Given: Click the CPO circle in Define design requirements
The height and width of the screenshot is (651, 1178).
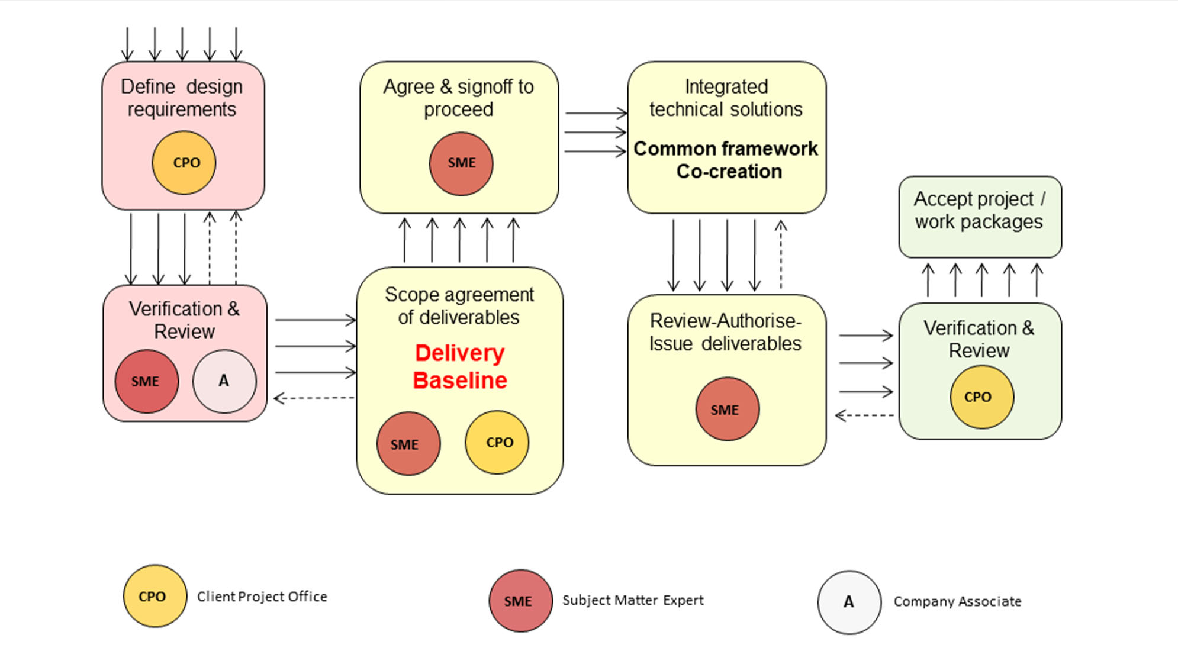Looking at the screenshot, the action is [x=184, y=163].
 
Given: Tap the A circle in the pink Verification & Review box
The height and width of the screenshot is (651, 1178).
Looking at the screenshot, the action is [x=224, y=381].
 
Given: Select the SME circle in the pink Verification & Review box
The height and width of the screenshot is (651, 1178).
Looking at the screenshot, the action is [x=146, y=381].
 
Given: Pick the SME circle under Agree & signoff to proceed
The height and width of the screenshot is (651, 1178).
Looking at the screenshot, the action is [x=461, y=163].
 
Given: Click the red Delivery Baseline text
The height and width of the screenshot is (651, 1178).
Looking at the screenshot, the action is [x=460, y=366].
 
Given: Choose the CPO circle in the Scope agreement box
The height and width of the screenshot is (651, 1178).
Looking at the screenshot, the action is [x=497, y=442].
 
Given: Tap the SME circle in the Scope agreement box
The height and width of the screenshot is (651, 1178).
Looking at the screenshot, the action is [x=408, y=443].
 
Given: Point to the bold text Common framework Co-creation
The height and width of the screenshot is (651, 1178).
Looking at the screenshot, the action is [x=726, y=160].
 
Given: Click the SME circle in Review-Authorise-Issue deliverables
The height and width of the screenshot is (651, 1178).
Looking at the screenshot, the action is [x=728, y=409].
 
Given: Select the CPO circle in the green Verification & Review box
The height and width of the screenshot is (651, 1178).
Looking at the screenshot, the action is [x=982, y=397].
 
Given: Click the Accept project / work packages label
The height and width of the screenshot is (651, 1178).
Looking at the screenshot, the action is [x=980, y=210].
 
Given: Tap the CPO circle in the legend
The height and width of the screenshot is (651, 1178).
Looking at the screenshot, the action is [x=155, y=596].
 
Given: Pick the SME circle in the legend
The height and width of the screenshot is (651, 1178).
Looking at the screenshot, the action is [x=521, y=601].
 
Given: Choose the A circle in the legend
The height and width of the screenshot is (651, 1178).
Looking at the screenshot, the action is [x=849, y=602].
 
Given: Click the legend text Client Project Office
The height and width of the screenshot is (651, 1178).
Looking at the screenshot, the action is [x=262, y=597].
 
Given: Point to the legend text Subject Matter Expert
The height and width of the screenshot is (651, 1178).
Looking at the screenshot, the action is [x=633, y=600].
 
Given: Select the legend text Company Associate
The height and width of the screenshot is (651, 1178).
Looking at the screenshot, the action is [x=957, y=601].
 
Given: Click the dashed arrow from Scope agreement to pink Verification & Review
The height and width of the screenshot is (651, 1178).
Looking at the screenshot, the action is [x=314, y=398].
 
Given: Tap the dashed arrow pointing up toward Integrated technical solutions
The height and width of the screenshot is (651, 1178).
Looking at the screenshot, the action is [x=781, y=254].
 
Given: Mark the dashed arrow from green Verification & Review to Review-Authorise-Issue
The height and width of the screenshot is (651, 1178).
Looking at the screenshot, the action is [x=864, y=415].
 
